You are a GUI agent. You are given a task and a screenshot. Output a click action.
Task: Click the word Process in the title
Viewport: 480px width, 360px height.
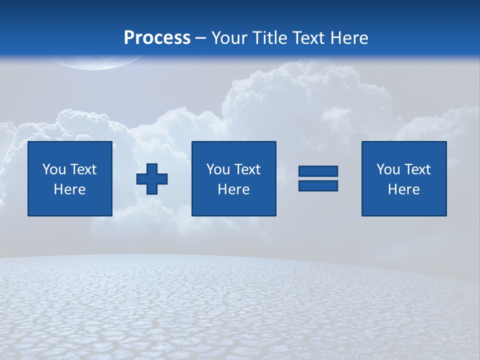(x=157, y=38)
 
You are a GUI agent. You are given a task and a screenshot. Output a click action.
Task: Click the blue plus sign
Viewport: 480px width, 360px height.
(x=152, y=179)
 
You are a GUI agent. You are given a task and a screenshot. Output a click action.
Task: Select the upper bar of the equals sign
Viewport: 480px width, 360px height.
(x=318, y=171)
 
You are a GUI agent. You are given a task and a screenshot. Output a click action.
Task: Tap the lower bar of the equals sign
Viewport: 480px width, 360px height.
(x=318, y=185)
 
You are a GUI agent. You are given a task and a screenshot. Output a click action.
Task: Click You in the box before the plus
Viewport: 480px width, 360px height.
(x=54, y=169)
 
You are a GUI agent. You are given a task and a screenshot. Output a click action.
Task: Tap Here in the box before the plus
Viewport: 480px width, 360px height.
(x=70, y=189)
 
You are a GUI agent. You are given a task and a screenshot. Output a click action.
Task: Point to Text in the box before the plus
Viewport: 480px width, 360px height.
(x=82, y=169)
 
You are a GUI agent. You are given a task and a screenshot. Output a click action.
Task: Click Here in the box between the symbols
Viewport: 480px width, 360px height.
(x=234, y=189)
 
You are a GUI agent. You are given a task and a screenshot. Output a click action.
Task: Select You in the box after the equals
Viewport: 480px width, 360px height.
(x=388, y=169)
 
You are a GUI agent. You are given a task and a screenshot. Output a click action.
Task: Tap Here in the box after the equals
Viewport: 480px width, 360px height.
(x=404, y=189)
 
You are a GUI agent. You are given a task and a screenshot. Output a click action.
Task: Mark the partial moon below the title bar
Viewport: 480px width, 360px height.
(x=95, y=62)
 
